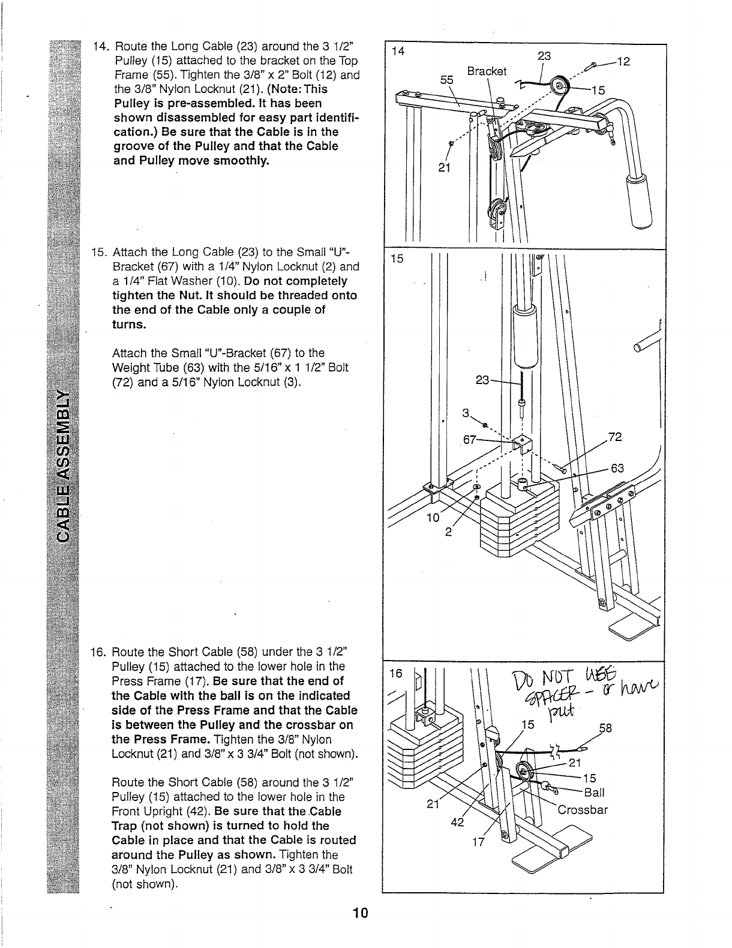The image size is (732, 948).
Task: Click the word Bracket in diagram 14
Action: [x=487, y=71]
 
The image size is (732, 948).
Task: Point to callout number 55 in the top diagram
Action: [x=446, y=79]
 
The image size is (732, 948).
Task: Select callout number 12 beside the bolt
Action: [x=623, y=61]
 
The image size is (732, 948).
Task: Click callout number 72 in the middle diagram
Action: [x=614, y=437]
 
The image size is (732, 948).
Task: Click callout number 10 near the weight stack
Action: [x=432, y=517]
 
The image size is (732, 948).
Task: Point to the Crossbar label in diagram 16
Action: [x=583, y=810]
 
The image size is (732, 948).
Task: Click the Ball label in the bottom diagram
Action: [x=594, y=793]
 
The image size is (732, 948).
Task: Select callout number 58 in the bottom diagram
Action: [x=606, y=728]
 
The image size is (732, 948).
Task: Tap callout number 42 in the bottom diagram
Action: [x=457, y=823]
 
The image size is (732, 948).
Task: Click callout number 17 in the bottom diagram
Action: [x=478, y=841]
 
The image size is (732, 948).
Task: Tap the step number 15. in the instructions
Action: [x=100, y=252]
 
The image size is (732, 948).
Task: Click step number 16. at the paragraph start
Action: [x=98, y=652]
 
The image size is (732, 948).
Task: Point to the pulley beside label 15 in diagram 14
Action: [x=561, y=85]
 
